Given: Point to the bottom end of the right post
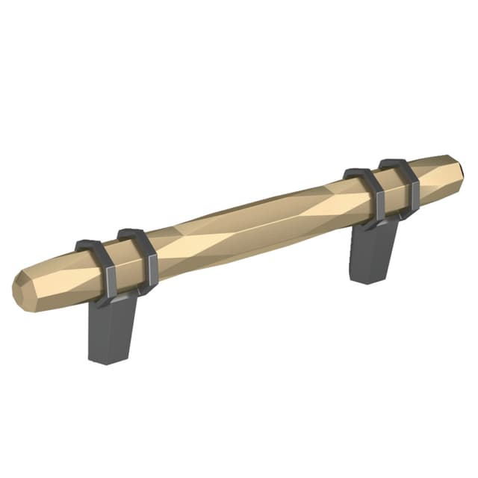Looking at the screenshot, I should click(x=367, y=278).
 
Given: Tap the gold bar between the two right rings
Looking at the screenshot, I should click(x=390, y=190).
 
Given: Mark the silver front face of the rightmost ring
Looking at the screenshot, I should click(x=412, y=199).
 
